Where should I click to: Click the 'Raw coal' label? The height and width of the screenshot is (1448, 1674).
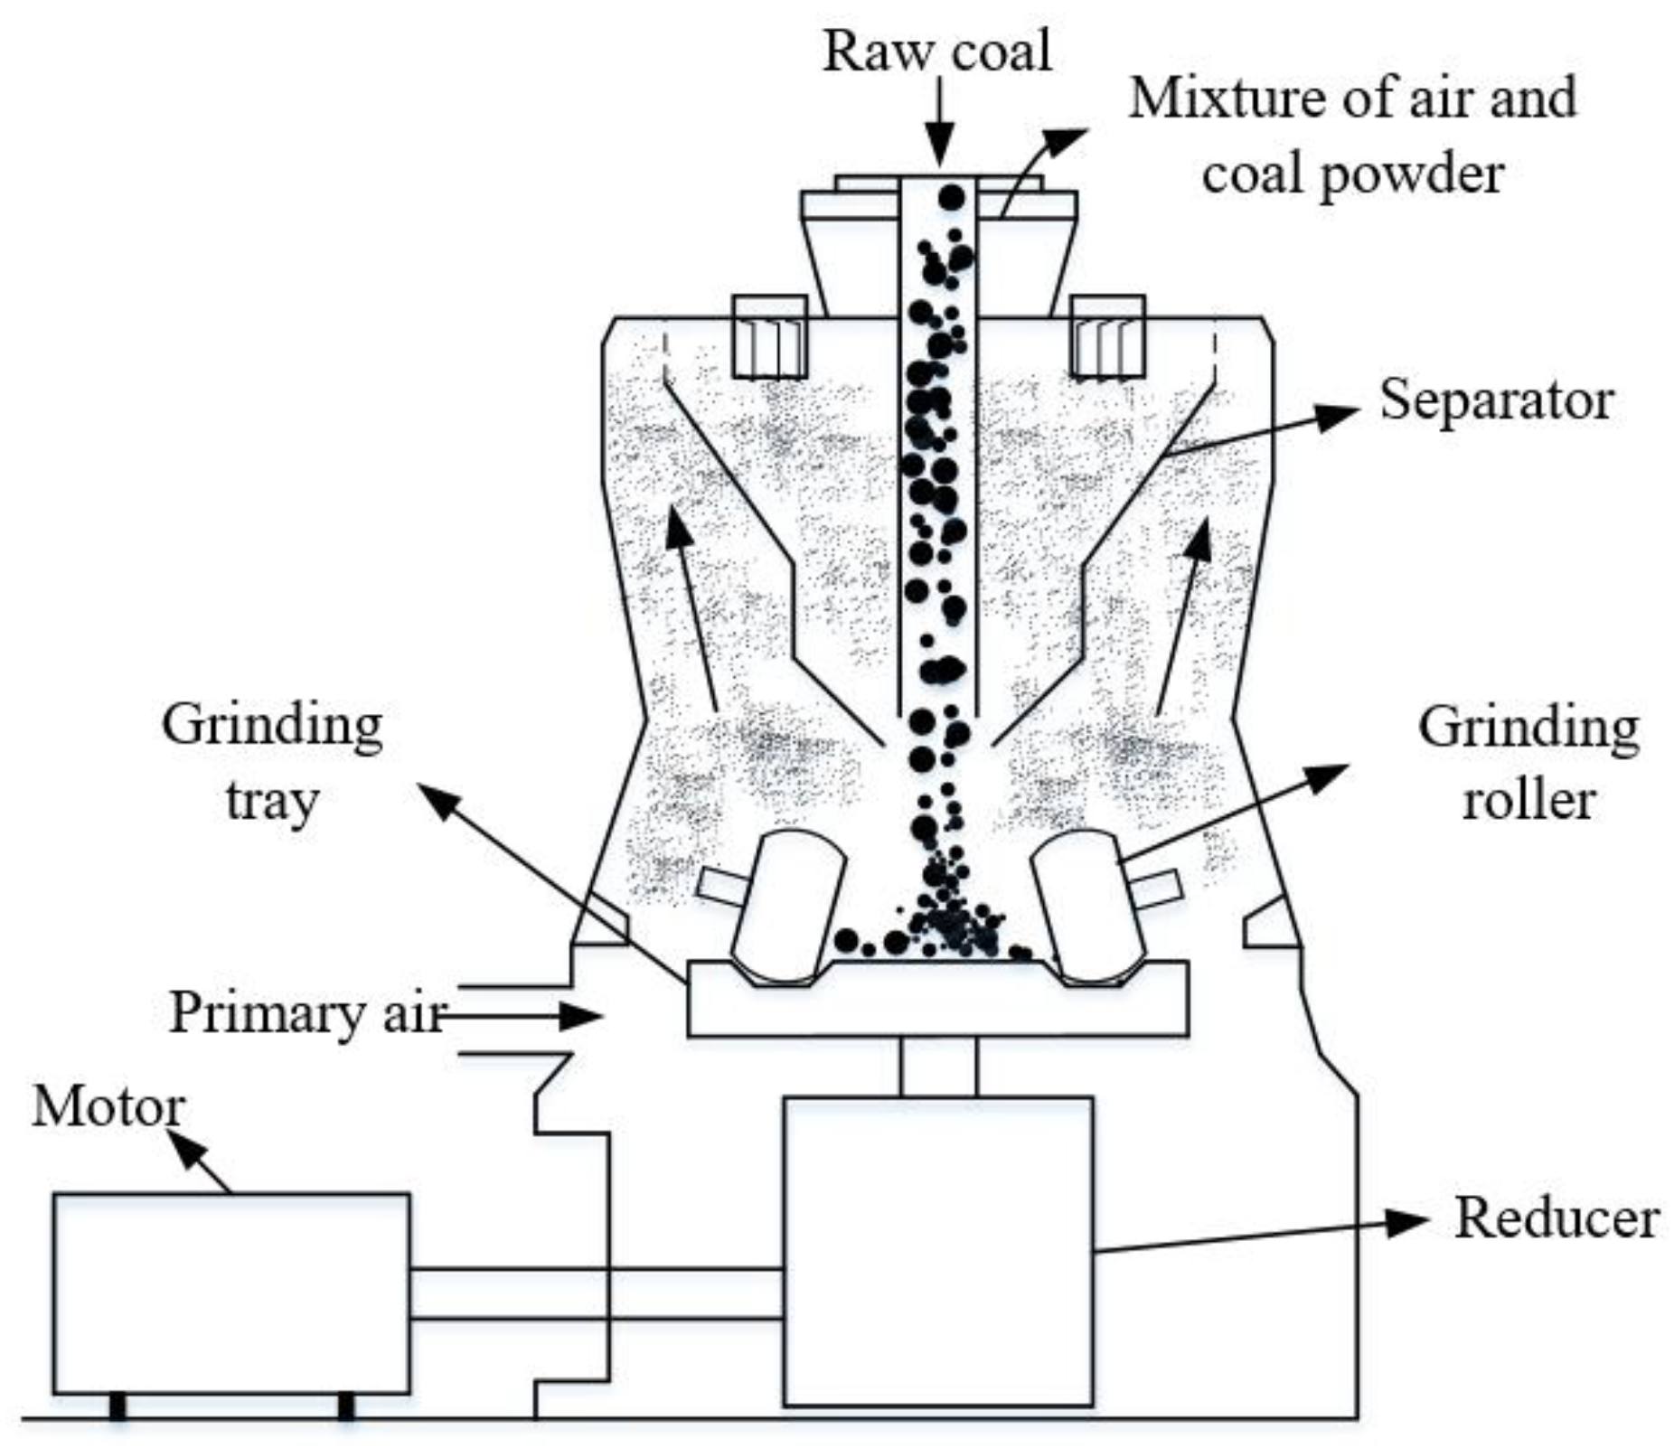point(936,52)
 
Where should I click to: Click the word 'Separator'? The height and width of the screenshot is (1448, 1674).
point(1496,400)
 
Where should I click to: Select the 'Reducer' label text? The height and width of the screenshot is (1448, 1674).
point(1556,1218)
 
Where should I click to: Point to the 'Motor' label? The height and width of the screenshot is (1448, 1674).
point(108,1106)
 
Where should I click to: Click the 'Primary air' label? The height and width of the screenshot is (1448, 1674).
point(307,1012)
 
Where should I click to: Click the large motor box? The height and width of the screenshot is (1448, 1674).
point(230,1293)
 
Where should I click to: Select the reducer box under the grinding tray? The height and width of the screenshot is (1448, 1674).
point(937,1251)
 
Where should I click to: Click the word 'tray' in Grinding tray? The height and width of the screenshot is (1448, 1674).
point(271,801)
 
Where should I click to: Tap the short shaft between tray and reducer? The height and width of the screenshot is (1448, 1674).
point(938,1067)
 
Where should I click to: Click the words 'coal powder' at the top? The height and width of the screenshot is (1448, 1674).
point(1352,174)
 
